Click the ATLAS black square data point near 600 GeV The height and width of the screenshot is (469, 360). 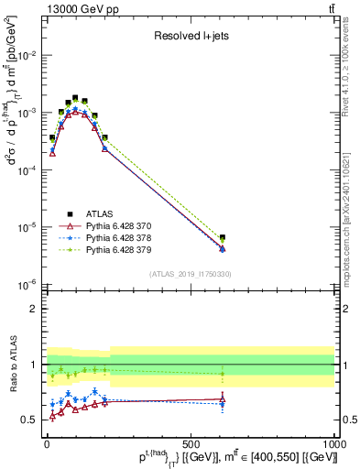(223, 238)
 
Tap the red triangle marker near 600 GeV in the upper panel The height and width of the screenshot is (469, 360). (223, 249)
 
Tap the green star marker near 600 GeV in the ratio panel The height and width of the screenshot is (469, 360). (223, 374)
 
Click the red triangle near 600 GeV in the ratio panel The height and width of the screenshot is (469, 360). (223, 398)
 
